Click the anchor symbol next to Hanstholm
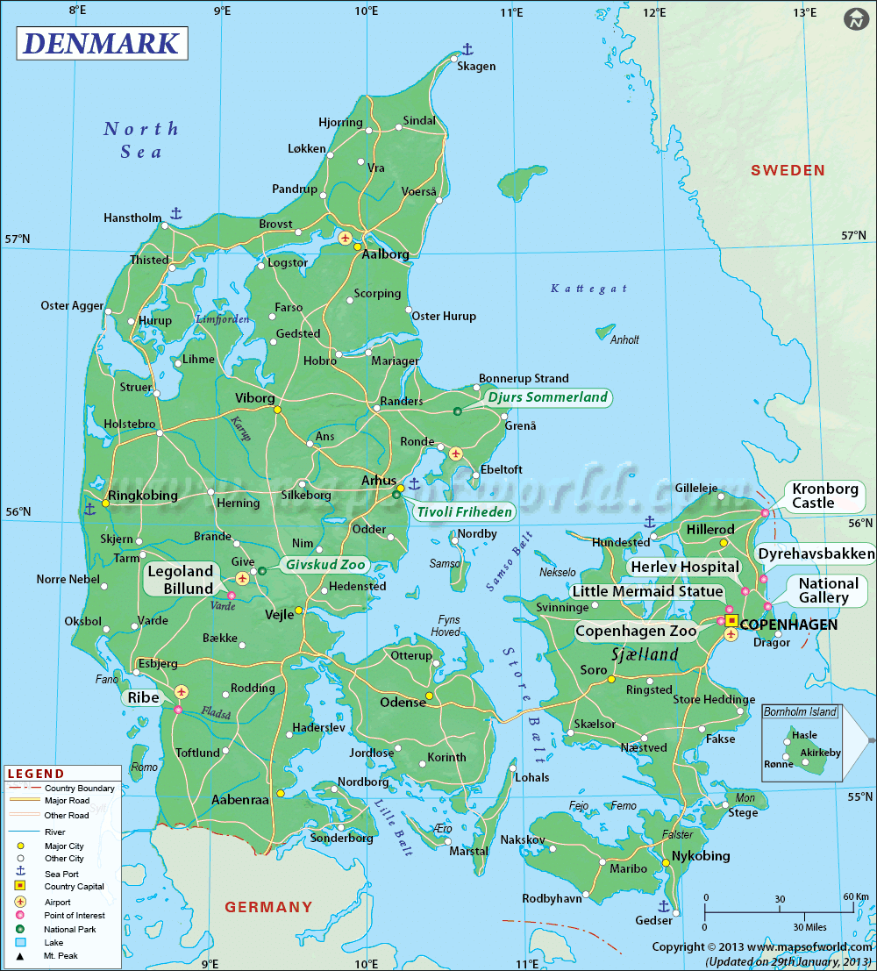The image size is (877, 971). (175, 213)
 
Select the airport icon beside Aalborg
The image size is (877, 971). (345, 238)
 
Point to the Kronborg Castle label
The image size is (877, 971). (813, 496)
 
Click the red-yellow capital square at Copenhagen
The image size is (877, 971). (731, 619)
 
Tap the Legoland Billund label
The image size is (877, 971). (181, 580)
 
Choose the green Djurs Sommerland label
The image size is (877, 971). (548, 397)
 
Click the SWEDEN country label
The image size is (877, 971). (788, 170)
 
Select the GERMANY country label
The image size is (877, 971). (268, 906)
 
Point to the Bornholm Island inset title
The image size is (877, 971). (800, 711)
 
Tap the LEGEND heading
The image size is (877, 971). (35, 774)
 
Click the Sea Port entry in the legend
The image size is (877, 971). (61, 873)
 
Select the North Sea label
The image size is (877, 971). (141, 139)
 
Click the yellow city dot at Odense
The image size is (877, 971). (429, 696)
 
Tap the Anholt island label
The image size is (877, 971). (624, 340)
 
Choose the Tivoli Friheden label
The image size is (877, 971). (453, 511)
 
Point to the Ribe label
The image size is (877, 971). (143, 698)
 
